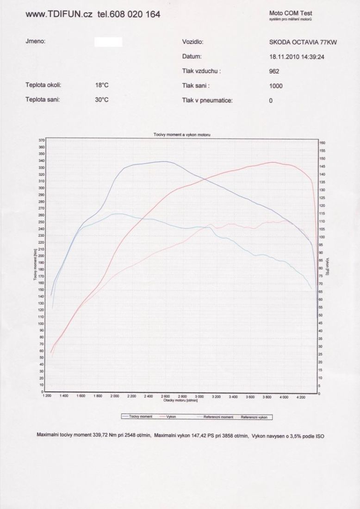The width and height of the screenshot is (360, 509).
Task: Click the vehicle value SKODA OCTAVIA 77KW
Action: pos(303,43)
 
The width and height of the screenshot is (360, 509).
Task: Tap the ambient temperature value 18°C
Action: pos(101,86)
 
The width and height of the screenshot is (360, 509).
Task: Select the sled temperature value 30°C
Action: pos(101,99)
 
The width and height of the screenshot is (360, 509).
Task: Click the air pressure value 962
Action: pos(274,72)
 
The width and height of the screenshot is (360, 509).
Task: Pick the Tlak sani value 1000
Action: pos(275,86)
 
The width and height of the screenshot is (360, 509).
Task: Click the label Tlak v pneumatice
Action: pos(207,100)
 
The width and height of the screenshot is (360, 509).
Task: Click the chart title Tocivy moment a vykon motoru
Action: pos(182,134)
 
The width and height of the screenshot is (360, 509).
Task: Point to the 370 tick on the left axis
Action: pos(41,140)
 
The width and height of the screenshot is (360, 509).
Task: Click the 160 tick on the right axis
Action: pos(323,143)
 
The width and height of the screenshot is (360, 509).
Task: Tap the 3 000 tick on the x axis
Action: pos(200,397)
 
